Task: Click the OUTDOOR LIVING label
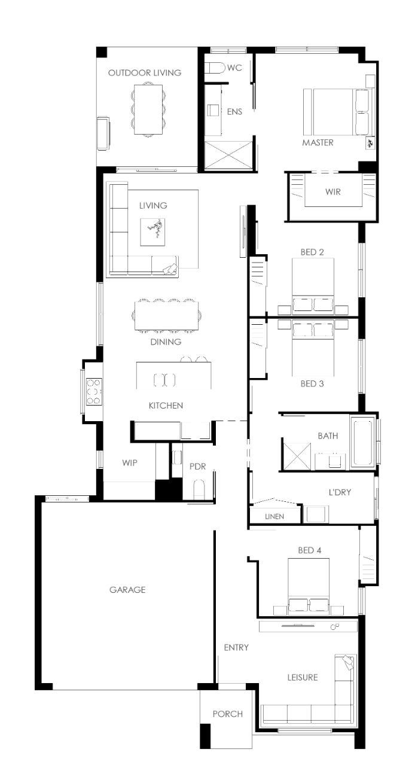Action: point(145,73)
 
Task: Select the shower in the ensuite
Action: point(228,155)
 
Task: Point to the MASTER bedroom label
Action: point(318,142)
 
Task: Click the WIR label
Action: point(333,191)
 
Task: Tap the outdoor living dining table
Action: point(148,109)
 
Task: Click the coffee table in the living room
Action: point(152,232)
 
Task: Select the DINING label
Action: point(166,342)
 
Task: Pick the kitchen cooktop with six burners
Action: point(94,392)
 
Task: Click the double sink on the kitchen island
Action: point(164,380)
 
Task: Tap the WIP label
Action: point(130,463)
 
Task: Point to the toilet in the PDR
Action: point(199,489)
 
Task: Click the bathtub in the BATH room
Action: point(362,443)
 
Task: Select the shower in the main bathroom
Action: point(297,456)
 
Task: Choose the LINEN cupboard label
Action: point(274,516)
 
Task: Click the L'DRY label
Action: point(340,492)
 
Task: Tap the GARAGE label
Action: point(127,590)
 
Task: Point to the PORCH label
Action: point(228,714)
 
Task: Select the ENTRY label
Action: point(236,647)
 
